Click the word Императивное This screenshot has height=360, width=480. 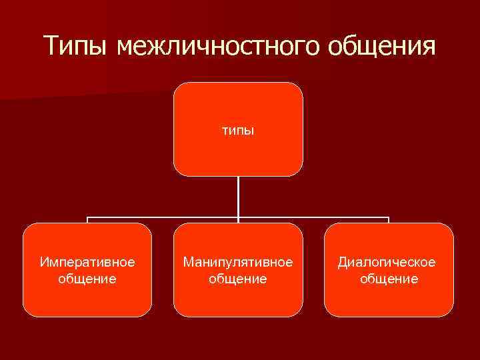[87, 262]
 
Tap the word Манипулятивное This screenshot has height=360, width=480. [238, 262]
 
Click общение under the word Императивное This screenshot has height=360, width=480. [87, 279]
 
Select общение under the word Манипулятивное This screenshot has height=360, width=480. [238, 279]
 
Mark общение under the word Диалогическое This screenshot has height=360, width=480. [389, 279]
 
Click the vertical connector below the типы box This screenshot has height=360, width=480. [238, 197]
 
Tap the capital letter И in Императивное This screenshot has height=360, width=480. [44, 261]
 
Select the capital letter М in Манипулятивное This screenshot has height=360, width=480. [189, 261]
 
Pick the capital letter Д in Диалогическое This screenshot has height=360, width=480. [343, 262]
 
